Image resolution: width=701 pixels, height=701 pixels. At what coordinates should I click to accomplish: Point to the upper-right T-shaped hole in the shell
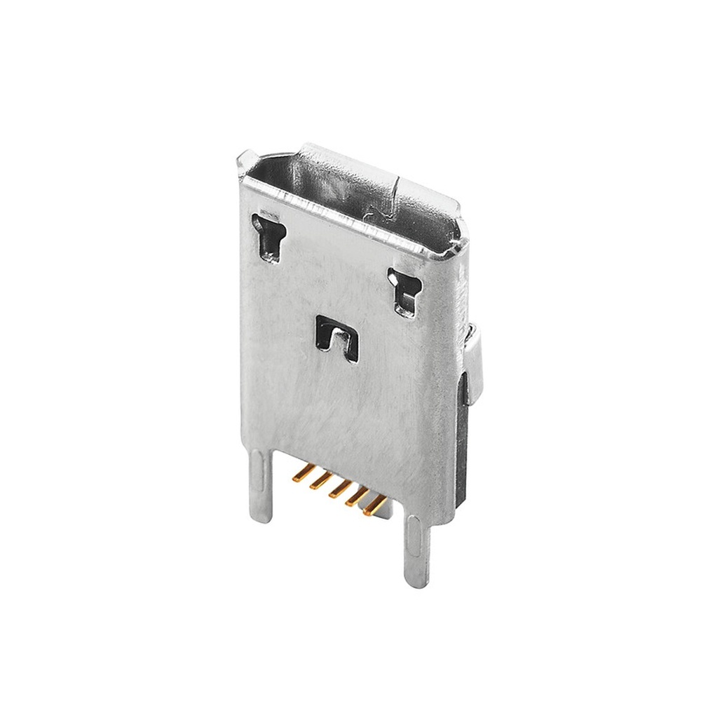pos(405,289)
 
